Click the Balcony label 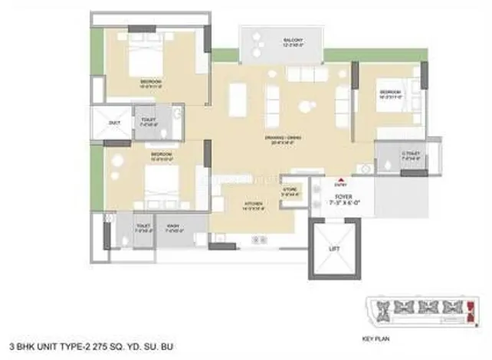click(x=270, y=40)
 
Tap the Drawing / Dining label click(x=259, y=137)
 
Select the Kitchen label click(x=254, y=204)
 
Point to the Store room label click(x=290, y=188)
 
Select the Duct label click(x=115, y=123)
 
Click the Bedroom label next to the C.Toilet click(x=385, y=91)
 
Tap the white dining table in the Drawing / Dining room click(x=238, y=99)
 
